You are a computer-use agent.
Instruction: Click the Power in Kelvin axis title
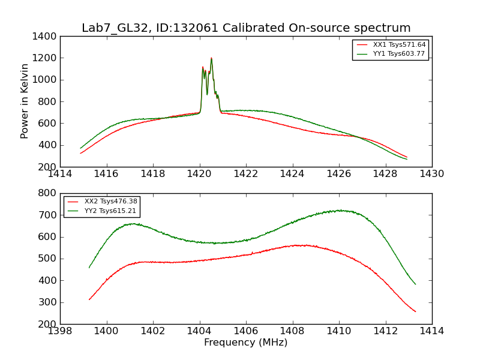(x=25, y=101)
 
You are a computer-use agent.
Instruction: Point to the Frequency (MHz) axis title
(x=245, y=343)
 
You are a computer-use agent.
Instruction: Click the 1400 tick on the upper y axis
(x=46, y=36)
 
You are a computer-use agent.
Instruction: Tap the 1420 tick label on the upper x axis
(x=199, y=174)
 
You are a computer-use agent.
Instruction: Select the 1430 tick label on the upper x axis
(x=431, y=174)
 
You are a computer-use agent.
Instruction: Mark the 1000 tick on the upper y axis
(x=46, y=80)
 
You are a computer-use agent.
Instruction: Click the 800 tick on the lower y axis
(x=48, y=193)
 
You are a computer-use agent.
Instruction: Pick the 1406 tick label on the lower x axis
(x=245, y=331)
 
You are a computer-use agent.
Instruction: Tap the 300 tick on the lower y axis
(x=48, y=302)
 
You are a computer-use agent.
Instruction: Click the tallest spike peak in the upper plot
(x=211, y=58)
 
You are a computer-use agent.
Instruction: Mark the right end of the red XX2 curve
(x=415, y=311)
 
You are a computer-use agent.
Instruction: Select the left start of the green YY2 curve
(x=89, y=268)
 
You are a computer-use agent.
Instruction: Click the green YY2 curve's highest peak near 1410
(x=339, y=210)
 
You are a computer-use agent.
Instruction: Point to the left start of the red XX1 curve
(x=80, y=153)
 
